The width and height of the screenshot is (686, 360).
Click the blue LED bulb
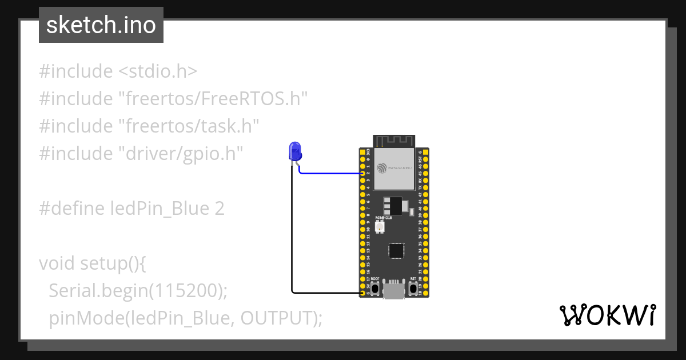coord(295,151)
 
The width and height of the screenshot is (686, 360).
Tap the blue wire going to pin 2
coord(332,173)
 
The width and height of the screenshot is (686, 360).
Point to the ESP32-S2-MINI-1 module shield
coord(394,168)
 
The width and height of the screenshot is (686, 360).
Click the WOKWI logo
coord(608,315)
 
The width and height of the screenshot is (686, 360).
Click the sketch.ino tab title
coord(101,25)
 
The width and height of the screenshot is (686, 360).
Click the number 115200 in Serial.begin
coord(184,291)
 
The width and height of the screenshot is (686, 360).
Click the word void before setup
coord(57,263)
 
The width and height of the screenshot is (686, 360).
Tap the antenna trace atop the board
coord(394,141)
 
